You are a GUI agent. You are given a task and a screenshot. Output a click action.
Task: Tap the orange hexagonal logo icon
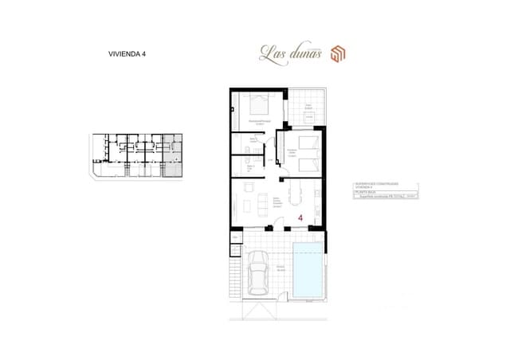[338, 53]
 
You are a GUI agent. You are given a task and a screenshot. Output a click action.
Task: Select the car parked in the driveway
[259, 271]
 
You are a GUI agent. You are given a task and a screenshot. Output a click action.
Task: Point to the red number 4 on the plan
[300, 217]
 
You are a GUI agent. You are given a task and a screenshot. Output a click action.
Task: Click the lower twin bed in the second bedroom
[309, 164]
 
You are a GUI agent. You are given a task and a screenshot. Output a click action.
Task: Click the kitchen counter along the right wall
[320, 203]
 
